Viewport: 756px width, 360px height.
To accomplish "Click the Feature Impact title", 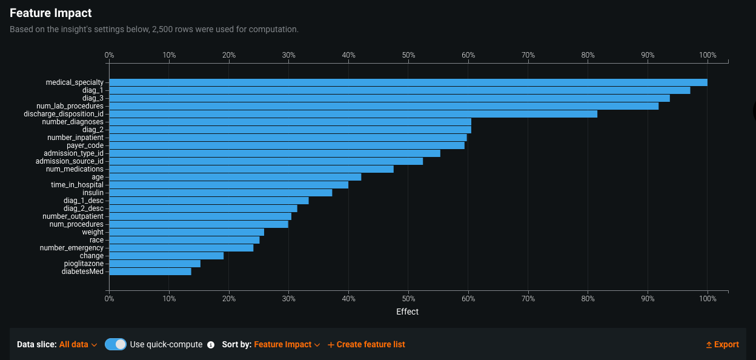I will [51, 12].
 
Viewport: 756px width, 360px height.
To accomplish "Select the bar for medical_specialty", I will [408, 82].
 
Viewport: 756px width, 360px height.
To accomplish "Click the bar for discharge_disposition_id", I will [353, 114].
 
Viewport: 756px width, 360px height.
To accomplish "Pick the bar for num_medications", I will [251, 169].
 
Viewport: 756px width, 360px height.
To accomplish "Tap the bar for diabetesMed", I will [150, 272].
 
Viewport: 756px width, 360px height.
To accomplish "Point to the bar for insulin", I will [220, 193].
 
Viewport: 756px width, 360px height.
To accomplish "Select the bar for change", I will [166, 256].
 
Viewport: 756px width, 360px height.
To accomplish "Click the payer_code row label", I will [85, 145].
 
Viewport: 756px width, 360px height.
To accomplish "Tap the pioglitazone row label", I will [84, 264].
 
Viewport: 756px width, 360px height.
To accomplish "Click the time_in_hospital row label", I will [77, 185].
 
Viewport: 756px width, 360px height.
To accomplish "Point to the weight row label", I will [93, 232].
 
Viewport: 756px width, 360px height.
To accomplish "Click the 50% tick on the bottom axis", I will [408, 299].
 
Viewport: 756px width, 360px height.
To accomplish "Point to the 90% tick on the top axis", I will [648, 55].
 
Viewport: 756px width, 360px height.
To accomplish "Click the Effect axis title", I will [407, 312].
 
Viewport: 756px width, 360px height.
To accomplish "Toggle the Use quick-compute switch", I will [115, 344].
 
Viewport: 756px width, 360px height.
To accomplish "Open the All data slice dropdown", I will [78, 344].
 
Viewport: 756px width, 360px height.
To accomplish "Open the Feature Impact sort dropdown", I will [287, 344].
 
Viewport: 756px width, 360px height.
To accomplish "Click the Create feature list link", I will [366, 344].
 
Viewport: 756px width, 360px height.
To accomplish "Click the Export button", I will [722, 344].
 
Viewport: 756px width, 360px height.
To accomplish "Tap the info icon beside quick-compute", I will [211, 345].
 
